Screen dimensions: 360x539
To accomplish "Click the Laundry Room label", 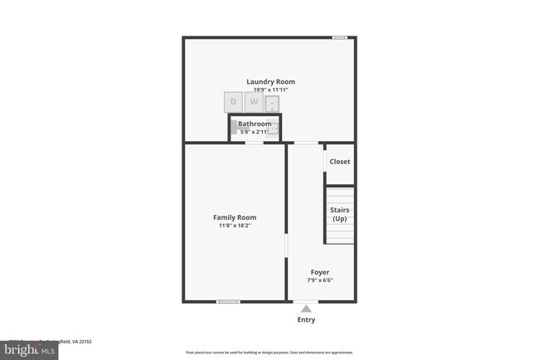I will (x=270, y=81).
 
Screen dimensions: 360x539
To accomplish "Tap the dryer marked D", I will (x=233, y=102).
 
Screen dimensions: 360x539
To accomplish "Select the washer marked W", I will (x=255, y=102).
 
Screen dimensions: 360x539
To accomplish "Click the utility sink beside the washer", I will (x=273, y=103).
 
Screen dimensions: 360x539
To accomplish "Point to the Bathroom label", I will (x=255, y=124).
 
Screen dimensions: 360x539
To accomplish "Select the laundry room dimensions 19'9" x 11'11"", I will (x=270, y=90).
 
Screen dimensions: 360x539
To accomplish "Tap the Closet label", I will (x=340, y=162).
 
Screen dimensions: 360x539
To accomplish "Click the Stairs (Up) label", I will (x=340, y=214).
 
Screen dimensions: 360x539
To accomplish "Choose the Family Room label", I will (x=234, y=217).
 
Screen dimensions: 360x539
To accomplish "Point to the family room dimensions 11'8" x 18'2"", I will (x=234, y=226).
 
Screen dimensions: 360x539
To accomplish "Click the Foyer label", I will (x=320, y=271).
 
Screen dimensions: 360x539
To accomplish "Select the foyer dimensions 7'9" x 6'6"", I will (x=320, y=280).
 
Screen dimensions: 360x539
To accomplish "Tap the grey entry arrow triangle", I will (x=306, y=308).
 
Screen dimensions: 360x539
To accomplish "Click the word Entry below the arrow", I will (x=306, y=319).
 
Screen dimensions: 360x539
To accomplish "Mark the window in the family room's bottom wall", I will (x=228, y=301).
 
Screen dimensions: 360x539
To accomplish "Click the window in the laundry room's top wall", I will (x=339, y=37).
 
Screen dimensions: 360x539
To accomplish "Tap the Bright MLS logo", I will (x=29, y=350).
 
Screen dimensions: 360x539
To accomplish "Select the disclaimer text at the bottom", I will (x=269, y=353).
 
